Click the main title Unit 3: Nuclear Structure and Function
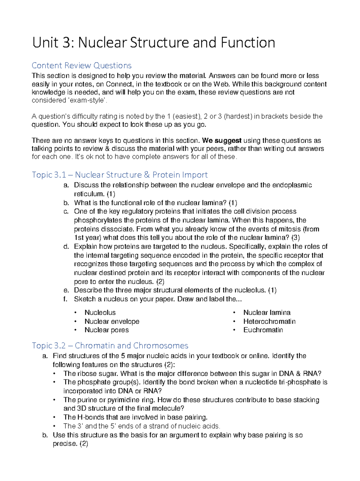(x=154, y=43)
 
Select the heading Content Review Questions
(x=82, y=65)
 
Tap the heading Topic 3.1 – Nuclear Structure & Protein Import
(x=120, y=175)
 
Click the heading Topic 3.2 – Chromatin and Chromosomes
(x=110, y=346)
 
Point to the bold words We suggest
(x=222, y=141)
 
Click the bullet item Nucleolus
(x=100, y=313)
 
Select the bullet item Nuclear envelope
(x=112, y=322)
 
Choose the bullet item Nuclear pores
(x=106, y=330)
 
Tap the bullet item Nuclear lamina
(x=267, y=313)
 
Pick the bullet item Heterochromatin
(x=269, y=322)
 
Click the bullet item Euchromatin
(x=263, y=330)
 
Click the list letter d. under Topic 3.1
(x=66, y=247)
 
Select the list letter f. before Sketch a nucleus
(x=65, y=299)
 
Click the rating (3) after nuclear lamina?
(x=295, y=238)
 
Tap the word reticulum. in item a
(x=89, y=194)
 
